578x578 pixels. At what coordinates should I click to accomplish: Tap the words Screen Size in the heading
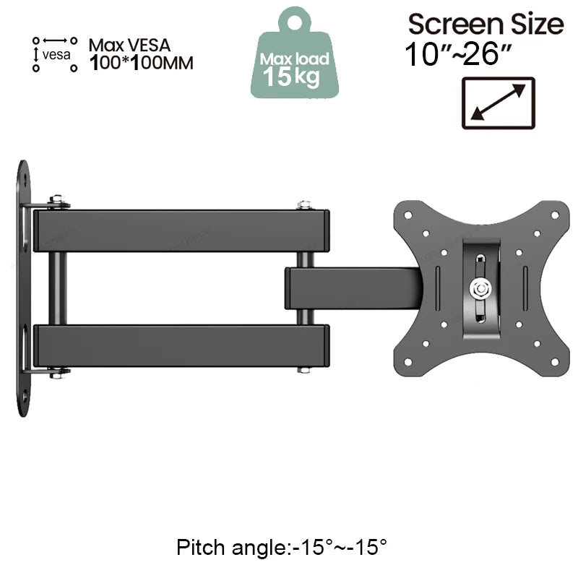coord(485,24)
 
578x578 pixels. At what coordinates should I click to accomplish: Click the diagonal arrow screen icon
coord(497,103)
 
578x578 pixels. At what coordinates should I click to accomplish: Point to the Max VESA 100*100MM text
coord(141,54)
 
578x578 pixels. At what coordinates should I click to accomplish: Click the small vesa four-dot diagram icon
coord(54,54)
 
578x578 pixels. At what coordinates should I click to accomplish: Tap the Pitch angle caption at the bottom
coord(282,546)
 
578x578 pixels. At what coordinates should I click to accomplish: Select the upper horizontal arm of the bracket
coord(181,230)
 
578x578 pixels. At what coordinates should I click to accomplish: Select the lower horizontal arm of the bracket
coord(181,346)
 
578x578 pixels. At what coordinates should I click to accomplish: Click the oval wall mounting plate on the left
coord(23,289)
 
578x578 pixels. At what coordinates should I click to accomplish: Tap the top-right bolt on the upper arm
coord(304,205)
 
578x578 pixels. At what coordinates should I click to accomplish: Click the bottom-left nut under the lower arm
coord(56,373)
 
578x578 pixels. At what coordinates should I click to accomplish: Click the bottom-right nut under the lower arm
coord(304,370)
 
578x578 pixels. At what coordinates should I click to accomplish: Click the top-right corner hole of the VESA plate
coord(555,215)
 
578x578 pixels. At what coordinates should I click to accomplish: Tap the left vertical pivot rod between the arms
coord(57,288)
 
